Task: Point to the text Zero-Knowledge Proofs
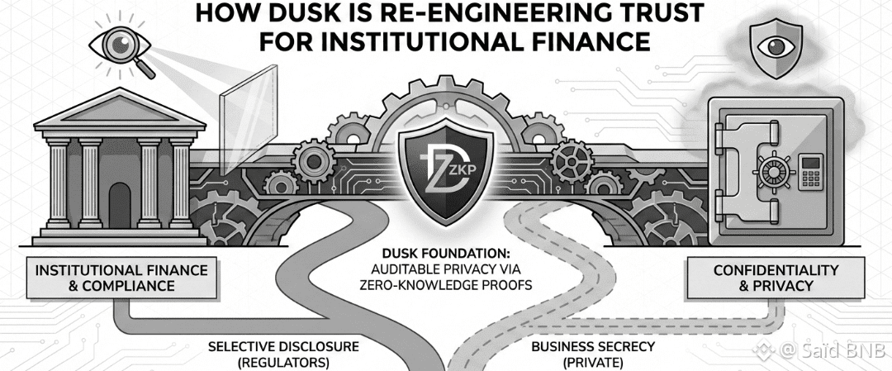click(446, 284)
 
